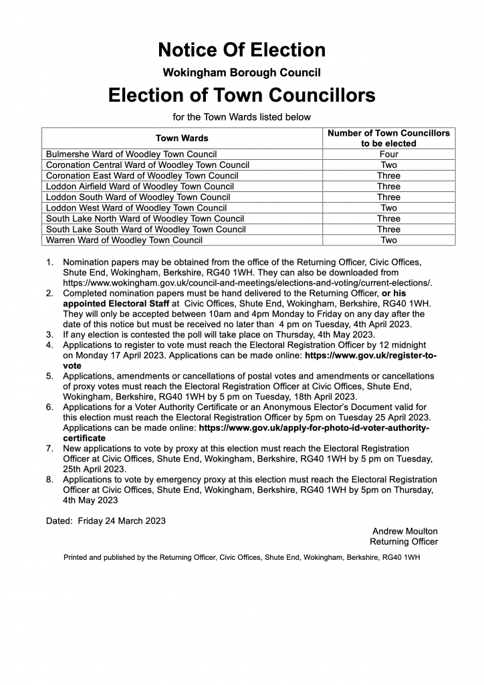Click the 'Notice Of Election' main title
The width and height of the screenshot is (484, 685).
(x=241, y=50)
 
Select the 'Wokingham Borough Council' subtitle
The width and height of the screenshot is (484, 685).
(x=241, y=72)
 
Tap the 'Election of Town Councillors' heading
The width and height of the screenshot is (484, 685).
(x=241, y=95)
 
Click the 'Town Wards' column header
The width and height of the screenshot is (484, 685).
(x=182, y=138)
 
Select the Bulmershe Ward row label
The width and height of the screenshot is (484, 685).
(x=131, y=154)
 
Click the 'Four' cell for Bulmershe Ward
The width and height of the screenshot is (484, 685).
(x=388, y=154)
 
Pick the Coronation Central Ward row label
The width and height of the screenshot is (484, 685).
(x=147, y=165)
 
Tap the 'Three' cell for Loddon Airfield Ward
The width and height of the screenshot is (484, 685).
(x=388, y=186)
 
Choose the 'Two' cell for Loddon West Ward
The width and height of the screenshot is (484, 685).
(x=388, y=207)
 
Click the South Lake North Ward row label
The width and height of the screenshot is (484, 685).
(x=145, y=218)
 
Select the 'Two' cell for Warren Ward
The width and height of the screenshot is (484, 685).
(x=388, y=239)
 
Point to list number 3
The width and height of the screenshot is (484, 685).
(x=50, y=334)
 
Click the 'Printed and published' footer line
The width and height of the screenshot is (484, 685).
(x=241, y=557)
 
